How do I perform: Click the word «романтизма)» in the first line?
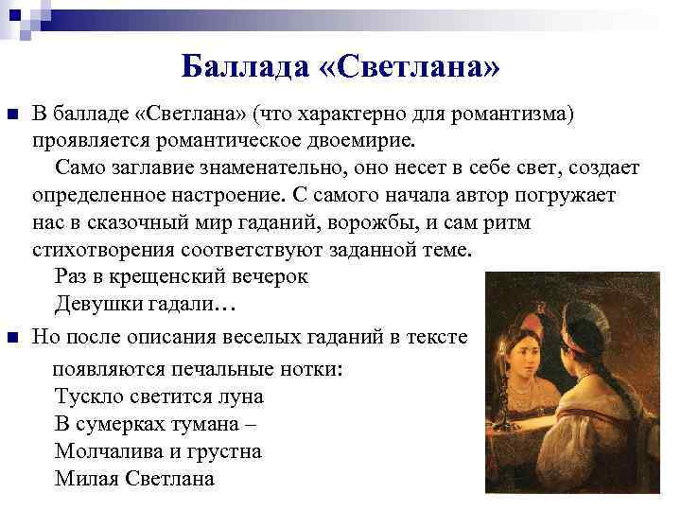[515, 115]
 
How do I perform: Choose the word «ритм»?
[506, 224]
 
